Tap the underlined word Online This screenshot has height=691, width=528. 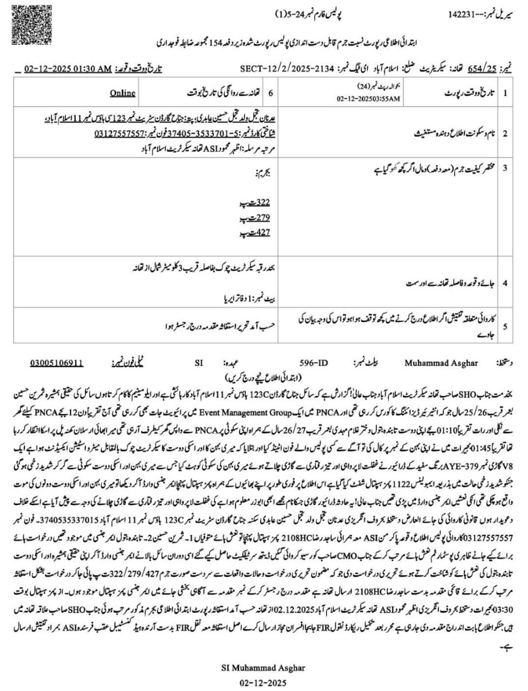[x=123, y=93]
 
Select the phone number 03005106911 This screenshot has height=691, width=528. [x=56, y=363]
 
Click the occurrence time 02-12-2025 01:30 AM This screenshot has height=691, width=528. [x=68, y=69]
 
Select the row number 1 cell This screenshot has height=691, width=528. [x=505, y=93]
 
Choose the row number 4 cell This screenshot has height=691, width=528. [x=505, y=282]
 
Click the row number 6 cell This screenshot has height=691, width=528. [x=271, y=93]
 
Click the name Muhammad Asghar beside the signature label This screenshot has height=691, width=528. [x=441, y=363]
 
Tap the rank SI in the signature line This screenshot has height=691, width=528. [x=198, y=363]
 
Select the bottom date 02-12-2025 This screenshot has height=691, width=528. [x=263, y=682]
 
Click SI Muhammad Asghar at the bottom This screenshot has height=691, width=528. [x=263, y=668]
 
